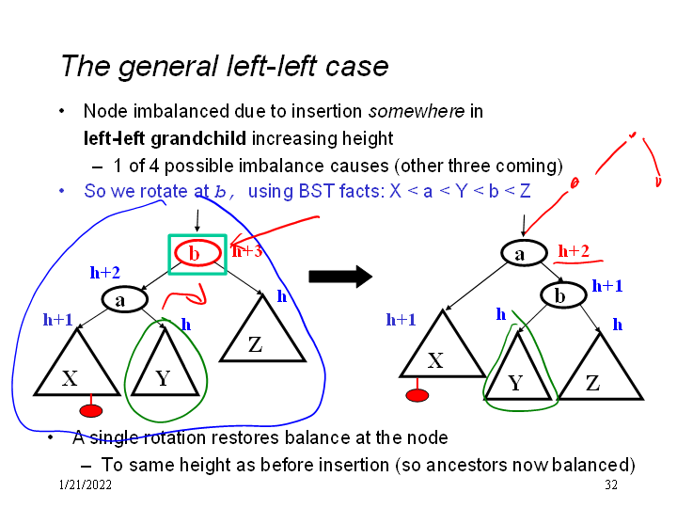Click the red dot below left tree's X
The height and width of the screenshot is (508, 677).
coord(91,410)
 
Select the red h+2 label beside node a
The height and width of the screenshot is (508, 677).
coord(574,250)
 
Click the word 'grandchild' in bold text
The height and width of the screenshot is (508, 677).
coord(197,139)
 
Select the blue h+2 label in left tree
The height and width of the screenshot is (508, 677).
coord(104,273)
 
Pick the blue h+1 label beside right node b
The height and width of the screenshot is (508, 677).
coord(606,286)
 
